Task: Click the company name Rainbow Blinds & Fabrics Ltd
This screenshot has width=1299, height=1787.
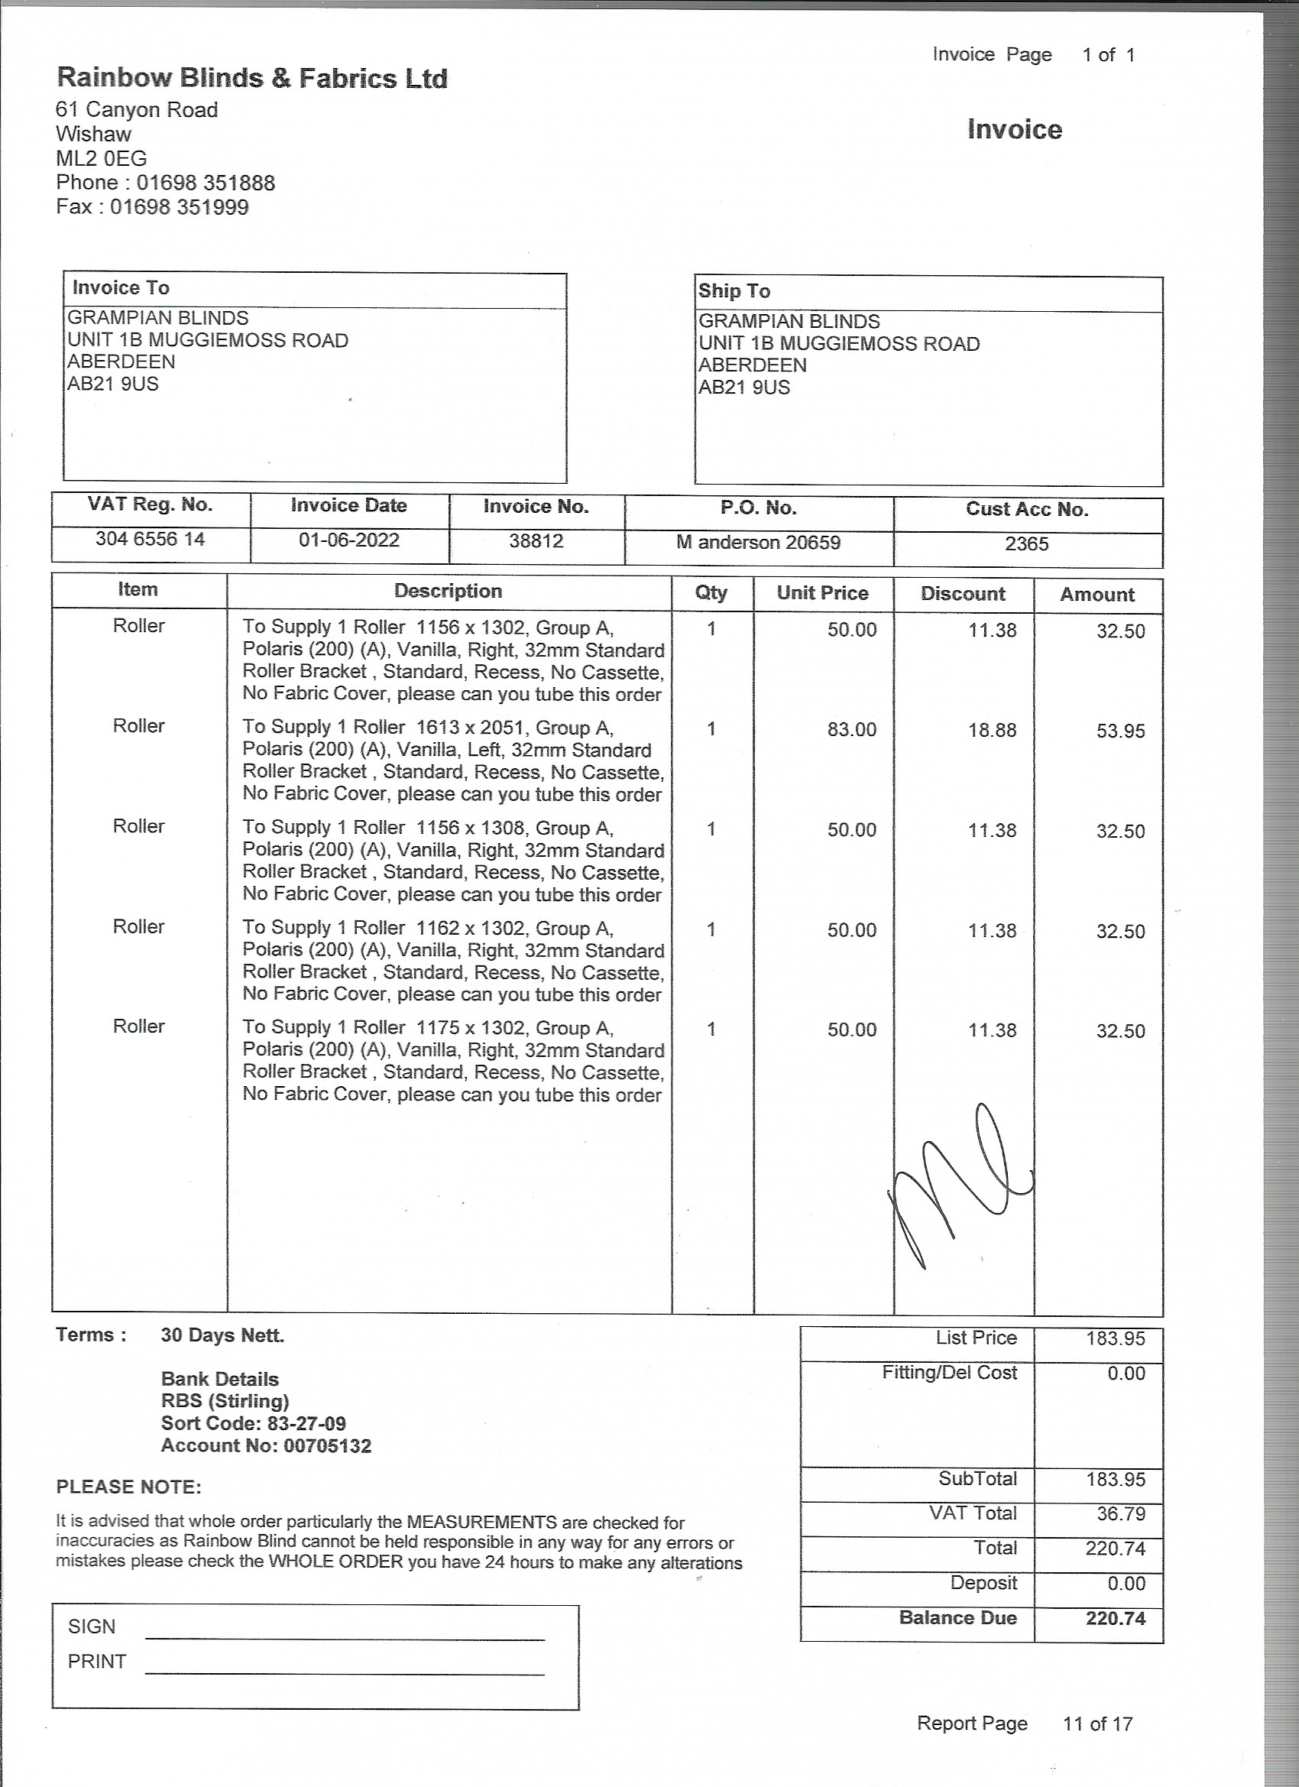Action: [x=252, y=78]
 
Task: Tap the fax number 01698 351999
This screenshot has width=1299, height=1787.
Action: [x=179, y=207]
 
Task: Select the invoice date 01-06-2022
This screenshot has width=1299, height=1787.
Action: [x=349, y=540]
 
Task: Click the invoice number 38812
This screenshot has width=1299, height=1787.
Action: [x=536, y=541]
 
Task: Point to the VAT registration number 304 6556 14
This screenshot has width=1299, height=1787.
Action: [x=151, y=539]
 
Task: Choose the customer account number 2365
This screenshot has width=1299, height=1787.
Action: [x=1026, y=543]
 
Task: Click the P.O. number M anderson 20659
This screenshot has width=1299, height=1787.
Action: [x=758, y=542]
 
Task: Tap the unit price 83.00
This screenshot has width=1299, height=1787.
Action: [x=851, y=730]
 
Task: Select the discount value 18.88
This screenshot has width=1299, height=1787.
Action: [x=992, y=731]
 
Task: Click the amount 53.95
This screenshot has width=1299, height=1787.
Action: [x=1120, y=731]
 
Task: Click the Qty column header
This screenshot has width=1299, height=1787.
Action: [x=711, y=592]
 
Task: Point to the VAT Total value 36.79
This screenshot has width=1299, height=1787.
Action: [x=1116, y=1513]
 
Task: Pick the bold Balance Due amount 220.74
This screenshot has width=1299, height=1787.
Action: [x=1116, y=1618]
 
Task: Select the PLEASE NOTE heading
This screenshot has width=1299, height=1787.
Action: [x=128, y=1487]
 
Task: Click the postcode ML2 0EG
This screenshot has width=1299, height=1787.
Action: [x=102, y=158]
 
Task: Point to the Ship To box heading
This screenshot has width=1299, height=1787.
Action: [x=734, y=290]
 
